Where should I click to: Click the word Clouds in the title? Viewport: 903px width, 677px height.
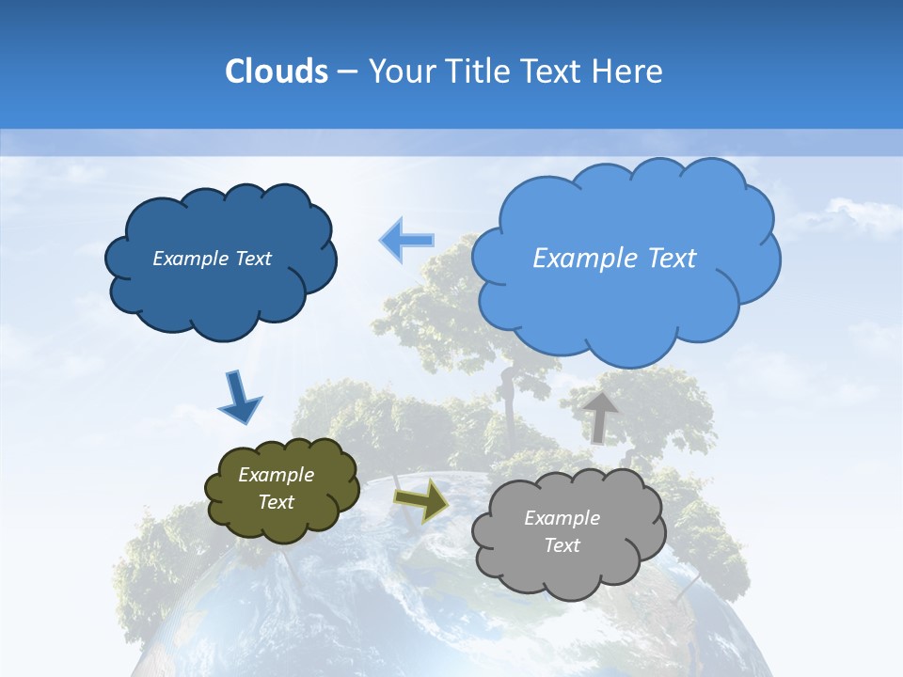276,71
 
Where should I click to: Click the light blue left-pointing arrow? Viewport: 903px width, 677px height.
406,240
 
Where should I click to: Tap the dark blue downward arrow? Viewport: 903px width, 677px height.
239,396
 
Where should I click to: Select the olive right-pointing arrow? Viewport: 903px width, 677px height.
420,501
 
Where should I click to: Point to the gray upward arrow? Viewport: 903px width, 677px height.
600,415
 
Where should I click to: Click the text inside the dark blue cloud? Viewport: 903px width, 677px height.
212,259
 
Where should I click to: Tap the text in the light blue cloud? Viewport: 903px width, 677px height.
614,259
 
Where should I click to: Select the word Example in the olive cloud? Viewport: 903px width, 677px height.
276,475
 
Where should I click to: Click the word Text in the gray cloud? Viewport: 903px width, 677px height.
562,545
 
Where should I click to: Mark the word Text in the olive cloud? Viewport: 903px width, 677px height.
276,502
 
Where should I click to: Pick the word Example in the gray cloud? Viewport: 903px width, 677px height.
562,518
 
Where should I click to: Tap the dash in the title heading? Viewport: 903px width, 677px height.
346,72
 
